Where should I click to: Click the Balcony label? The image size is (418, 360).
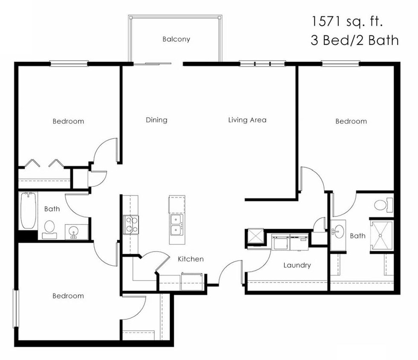tap(176, 39)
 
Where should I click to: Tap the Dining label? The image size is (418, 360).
tap(156, 120)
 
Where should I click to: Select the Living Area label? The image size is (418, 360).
tap(247, 120)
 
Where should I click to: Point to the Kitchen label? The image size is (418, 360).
tap(190, 259)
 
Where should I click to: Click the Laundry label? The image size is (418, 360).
tap(297, 265)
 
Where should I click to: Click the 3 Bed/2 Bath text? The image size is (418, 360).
tap(355, 41)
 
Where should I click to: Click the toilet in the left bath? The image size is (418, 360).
tap(49, 228)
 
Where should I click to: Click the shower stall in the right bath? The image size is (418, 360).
tap(381, 235)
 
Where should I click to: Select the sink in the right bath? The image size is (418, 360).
tap(337, 232)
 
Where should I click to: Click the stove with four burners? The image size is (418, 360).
tap(131, 224)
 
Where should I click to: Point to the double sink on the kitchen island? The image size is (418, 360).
tap(177, 225)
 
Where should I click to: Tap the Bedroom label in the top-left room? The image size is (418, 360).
tap(68, 121)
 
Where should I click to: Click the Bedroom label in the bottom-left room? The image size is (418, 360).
tap(68, 296)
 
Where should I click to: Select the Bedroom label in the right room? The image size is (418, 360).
tap(351, 121)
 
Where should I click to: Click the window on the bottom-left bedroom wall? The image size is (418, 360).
tap(16, 308)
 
